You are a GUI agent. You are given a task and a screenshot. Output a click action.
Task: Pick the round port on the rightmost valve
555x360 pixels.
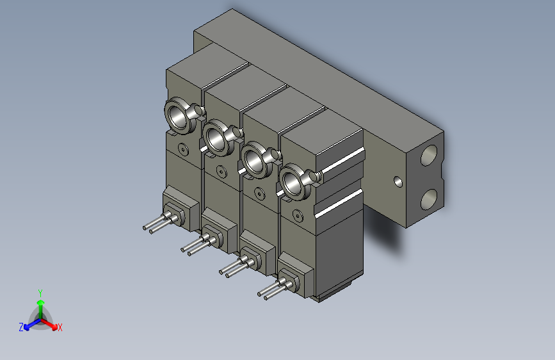(x=293, y=179)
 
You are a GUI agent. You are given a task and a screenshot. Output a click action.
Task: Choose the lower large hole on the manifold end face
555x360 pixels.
(x=429, y=200)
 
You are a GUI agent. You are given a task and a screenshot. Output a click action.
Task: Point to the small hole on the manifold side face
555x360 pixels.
(x=398, y=181)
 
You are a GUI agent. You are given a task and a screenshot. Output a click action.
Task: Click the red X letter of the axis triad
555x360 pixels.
(x=60, y=327)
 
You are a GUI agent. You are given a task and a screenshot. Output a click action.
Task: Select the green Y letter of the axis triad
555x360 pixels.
(x=40, y=291)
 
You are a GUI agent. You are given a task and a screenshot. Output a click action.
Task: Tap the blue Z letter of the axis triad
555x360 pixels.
(x=21, y=327)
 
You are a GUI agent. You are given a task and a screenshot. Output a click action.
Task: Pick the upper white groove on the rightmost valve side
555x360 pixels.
(x=342, y=159)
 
